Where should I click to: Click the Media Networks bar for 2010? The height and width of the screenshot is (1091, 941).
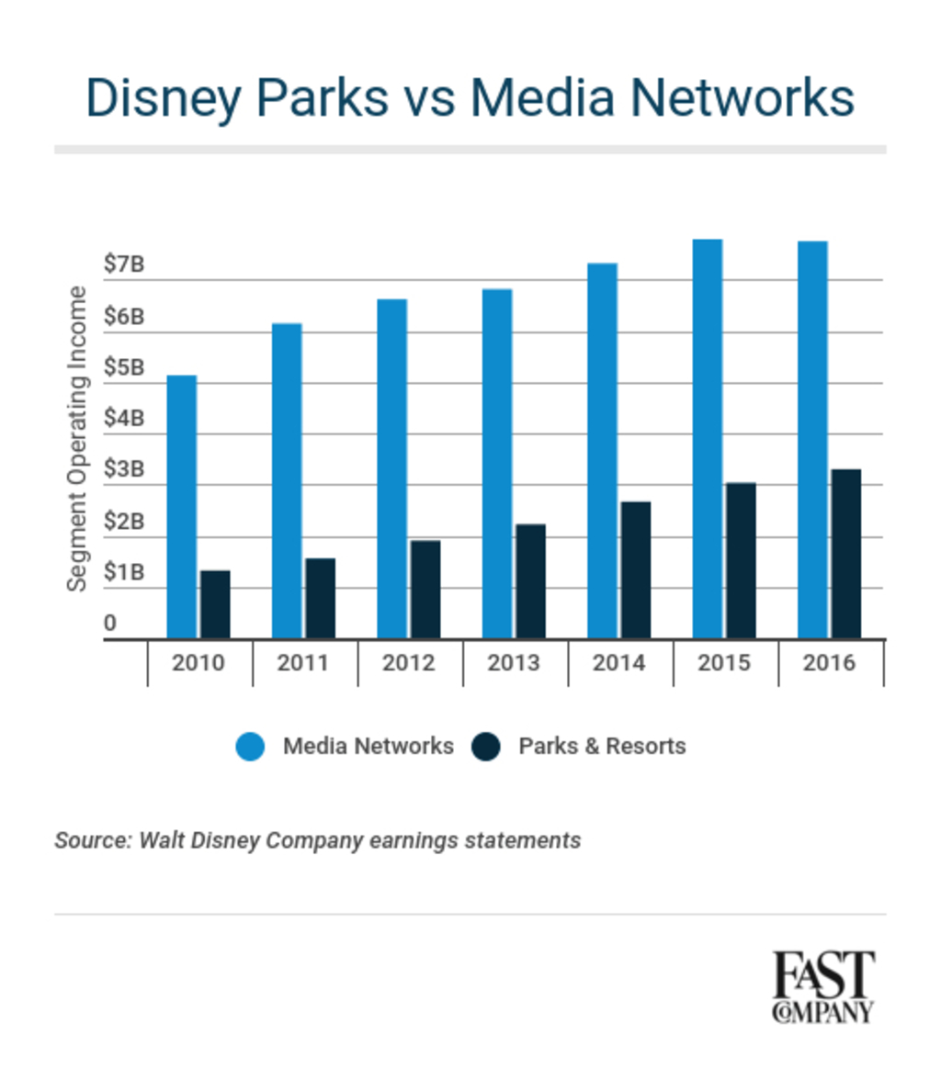coord(181,506)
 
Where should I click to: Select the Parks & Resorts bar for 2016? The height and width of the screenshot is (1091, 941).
coord(845,554)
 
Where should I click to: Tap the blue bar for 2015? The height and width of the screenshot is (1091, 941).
coord(707,438)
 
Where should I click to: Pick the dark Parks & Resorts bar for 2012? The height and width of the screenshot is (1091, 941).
coord(425,589)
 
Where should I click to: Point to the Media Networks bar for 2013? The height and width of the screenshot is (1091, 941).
coord(497,463)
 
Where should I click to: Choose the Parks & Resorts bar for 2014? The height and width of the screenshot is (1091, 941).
coord(635,569)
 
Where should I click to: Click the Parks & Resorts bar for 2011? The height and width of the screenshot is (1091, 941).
coord(320,598)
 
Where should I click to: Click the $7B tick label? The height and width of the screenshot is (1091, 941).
coord(123,264)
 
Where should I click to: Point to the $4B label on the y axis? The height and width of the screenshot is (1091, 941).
coord(123,419)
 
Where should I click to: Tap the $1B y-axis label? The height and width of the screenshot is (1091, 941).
coord(123,573)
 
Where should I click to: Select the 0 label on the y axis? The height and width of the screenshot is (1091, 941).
coord(110,624)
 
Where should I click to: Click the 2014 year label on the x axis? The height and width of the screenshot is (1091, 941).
coord(618,662)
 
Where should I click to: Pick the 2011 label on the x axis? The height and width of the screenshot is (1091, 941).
coord(303,662)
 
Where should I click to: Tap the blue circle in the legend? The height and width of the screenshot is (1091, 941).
coord(250,746)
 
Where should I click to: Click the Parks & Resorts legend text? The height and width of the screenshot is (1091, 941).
coord(602,746)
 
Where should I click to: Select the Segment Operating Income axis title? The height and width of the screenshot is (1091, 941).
coord(78,439)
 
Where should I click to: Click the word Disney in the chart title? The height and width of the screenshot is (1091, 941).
coord(162,97)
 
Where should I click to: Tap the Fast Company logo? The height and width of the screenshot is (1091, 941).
coord(822,986)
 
